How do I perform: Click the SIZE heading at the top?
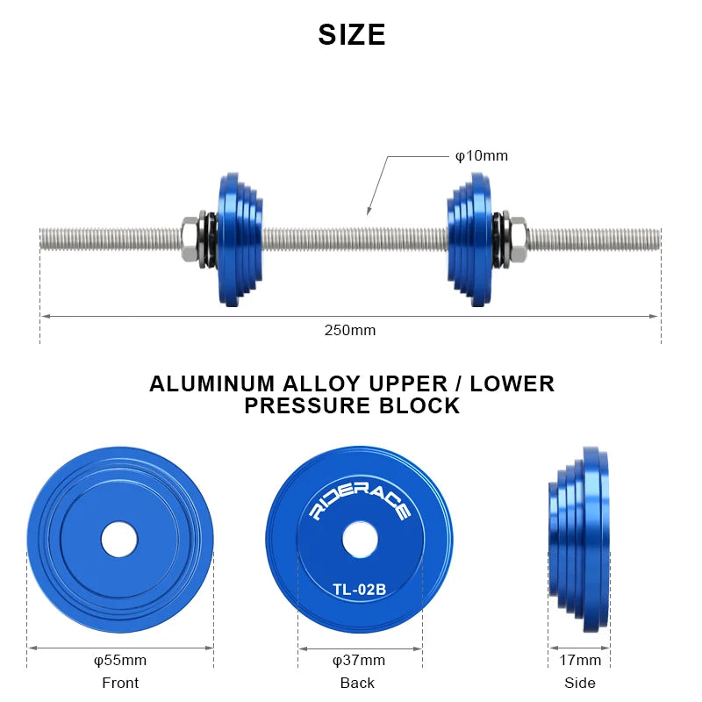351,35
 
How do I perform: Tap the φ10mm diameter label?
481,156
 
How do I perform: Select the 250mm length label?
349,330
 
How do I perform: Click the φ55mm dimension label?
120,660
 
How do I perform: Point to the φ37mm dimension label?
359,660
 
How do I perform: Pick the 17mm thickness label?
580,660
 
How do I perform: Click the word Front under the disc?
120,683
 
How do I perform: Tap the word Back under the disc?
357,683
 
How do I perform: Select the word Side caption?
580,683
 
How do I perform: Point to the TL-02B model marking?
360,589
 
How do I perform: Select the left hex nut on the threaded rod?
190,239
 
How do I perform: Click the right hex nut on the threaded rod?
517,239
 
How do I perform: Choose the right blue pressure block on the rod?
469,239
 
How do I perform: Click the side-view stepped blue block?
581,537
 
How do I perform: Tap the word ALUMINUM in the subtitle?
215,384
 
